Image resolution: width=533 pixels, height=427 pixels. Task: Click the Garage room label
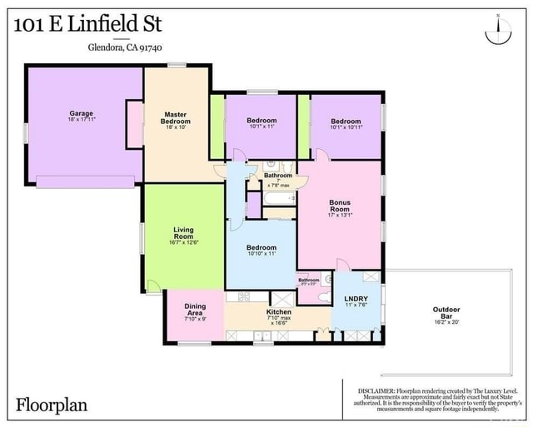point(81,113)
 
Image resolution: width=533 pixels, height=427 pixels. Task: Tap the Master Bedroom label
point(175,117)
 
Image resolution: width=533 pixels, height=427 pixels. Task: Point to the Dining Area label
point(194,309)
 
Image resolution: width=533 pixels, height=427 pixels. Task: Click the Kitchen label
point(278,312)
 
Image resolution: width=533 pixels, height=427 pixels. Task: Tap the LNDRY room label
point(356,297)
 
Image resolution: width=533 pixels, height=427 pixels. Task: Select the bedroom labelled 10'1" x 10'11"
point(346,121)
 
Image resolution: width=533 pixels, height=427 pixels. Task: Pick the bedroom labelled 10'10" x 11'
point(261,247)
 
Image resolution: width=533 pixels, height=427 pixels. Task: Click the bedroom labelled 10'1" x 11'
point(261,121)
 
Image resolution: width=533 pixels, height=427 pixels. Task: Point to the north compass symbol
point(497,30)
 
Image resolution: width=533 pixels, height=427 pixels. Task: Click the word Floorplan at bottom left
point(52,405)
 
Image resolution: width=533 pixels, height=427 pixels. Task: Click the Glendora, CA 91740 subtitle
point(125,47)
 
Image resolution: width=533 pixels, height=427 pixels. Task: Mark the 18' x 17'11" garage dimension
point(81,120)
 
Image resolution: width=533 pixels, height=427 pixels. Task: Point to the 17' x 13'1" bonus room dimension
point(340,215)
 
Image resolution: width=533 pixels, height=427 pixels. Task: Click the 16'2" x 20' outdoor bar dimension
point(446,322)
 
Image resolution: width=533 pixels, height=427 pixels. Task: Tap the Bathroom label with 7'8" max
point(278,176)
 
